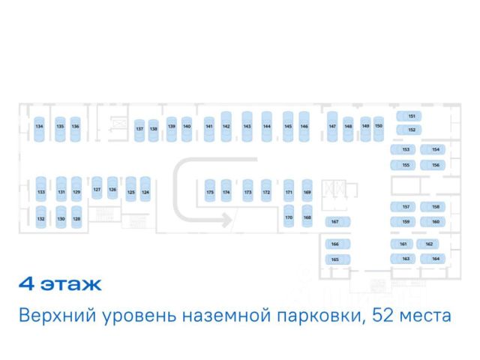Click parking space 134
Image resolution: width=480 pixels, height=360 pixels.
pos(40,126)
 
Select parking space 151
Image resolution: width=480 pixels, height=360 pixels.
pos(411,116)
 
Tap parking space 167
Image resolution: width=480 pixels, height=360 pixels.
pos(335,222)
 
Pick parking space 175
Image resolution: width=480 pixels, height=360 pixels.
pos(210,192)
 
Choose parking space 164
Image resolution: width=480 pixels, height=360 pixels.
pos(434,258)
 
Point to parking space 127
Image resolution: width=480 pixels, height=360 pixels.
pos(97,190)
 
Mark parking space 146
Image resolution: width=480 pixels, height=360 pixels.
pos(304,126)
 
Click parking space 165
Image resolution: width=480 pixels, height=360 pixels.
pos(335,259)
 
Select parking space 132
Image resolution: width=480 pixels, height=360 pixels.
pos(41,218)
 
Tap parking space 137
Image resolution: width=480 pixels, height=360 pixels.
pos(139,129)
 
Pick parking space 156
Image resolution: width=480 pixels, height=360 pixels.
pos(435,164)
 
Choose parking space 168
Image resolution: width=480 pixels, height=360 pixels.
pos(307,217)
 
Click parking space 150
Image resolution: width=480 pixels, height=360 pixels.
pos(379,126)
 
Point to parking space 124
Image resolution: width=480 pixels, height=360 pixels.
pos(145,192)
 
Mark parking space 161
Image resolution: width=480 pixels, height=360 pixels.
pos(403,244)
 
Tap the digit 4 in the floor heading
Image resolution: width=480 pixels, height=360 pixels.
pos(27,285)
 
